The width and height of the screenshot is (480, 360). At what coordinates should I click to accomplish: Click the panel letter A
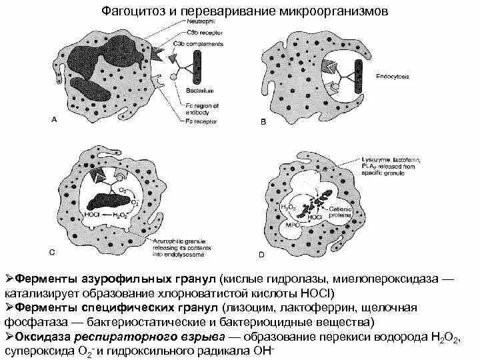click(x=54, y=119)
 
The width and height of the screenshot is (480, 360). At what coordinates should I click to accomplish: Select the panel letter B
click(x=263, y=121)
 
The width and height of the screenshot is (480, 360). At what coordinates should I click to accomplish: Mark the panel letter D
click(x=261, y=254)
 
